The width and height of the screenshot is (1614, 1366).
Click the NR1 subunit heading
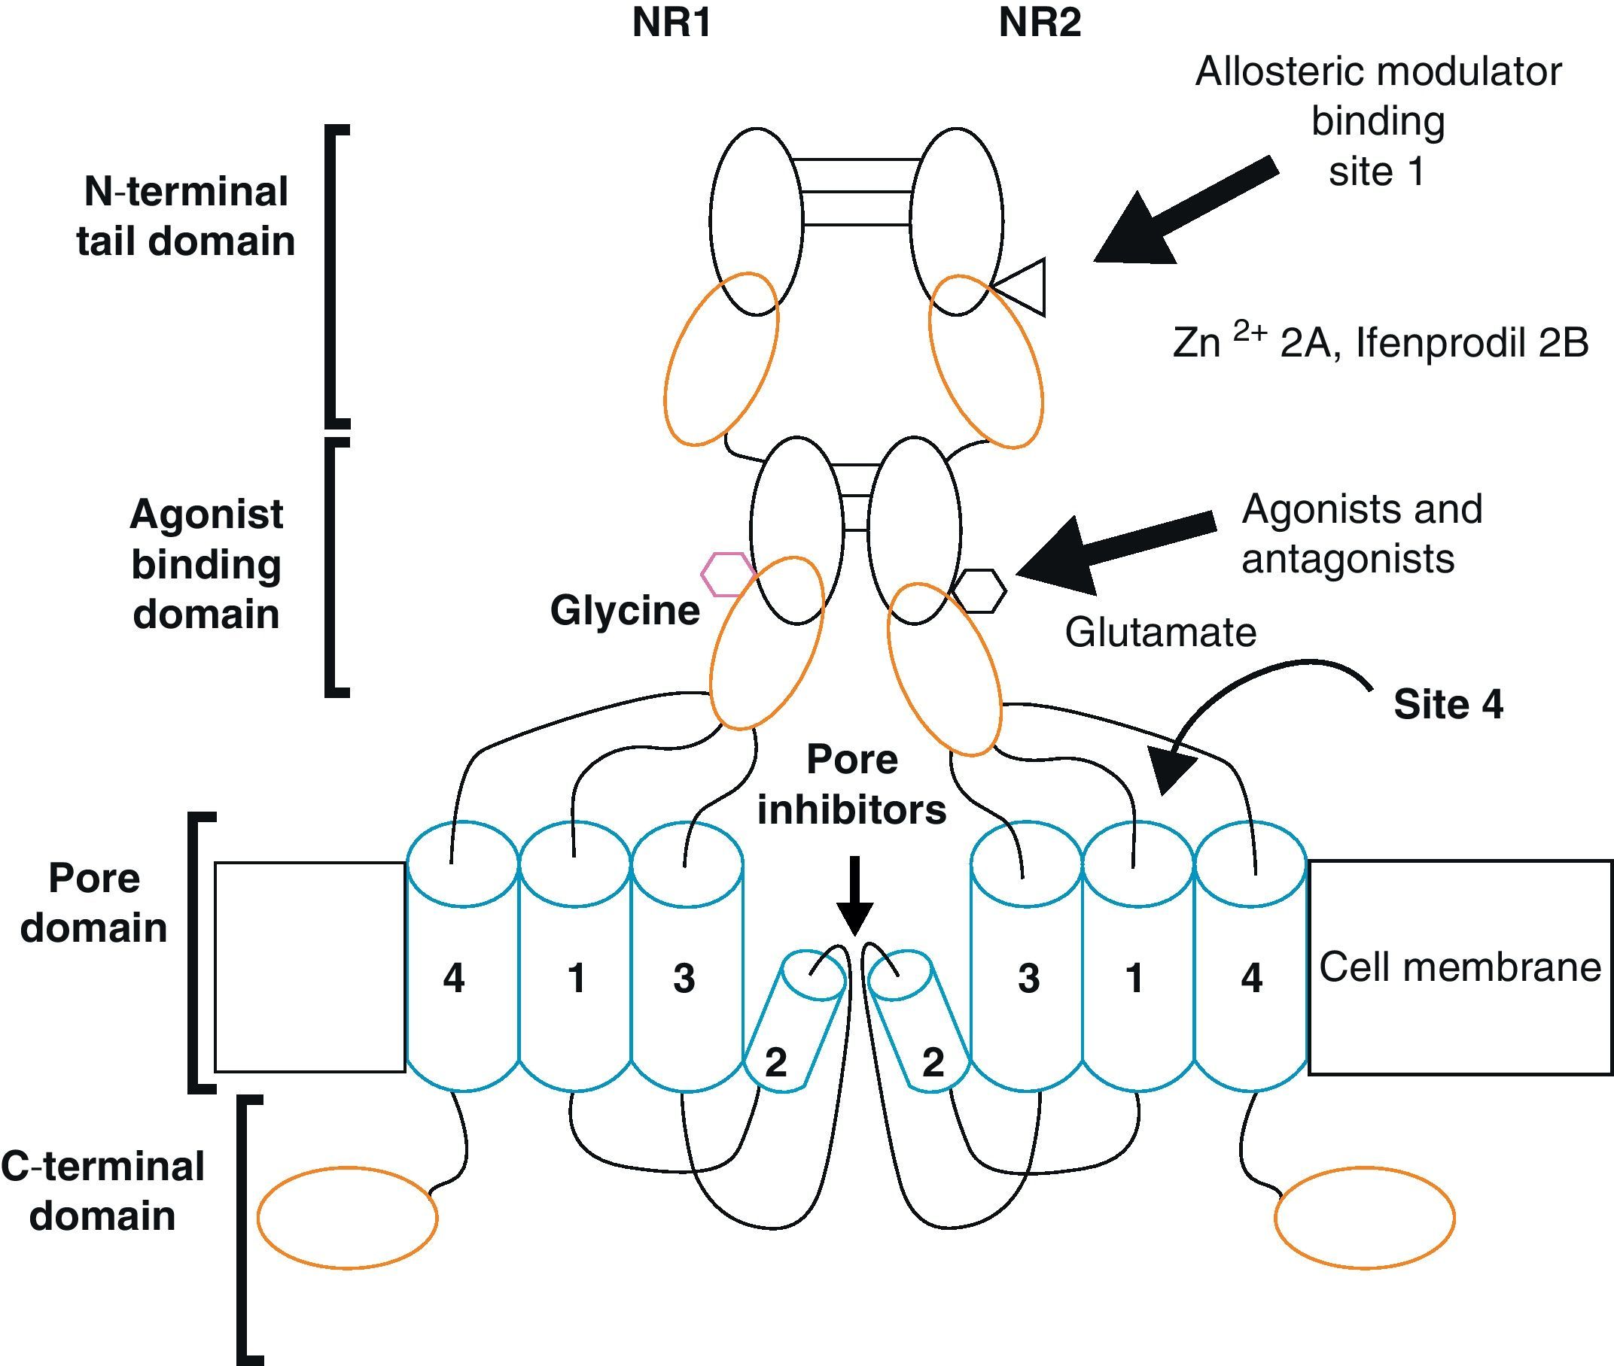[671, 23]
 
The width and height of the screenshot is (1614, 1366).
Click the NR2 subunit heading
[1039, 23]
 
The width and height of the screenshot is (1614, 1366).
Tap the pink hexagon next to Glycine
[727, 575]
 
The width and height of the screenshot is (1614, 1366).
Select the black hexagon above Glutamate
[979, 592]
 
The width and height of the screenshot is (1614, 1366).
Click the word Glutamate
[1160, 633]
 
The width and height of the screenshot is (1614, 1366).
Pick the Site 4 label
[1448, 705]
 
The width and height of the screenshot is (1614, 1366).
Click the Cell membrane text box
[1460, 967]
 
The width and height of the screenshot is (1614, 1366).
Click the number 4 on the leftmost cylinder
[453, 978]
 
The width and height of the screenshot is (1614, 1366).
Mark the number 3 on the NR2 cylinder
[1028, 978]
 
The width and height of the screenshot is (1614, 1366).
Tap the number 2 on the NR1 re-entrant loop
[775, 1062]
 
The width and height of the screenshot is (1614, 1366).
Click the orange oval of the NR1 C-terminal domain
[347, 1218]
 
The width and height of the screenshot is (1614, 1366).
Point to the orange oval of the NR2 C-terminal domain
[1365, 1218]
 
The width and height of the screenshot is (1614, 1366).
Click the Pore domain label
[94, 903]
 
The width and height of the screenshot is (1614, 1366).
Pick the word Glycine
[625, 610]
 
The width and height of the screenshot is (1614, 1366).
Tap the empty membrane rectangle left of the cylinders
[310, 967]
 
